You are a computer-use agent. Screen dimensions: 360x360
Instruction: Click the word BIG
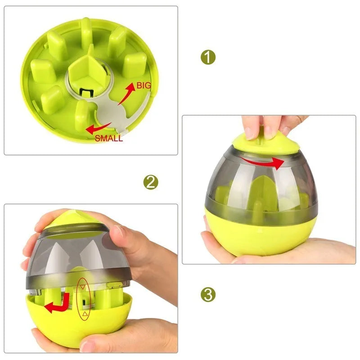[143, 85]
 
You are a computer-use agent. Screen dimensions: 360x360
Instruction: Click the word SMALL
[108, 139]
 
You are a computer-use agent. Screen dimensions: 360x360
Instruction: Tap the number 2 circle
[151, 182]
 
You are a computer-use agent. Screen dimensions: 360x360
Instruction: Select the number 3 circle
[208, 295]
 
